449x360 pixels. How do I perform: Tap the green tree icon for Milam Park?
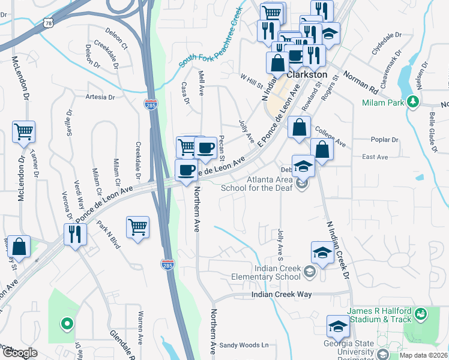pos(412,101)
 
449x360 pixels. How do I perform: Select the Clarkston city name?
pos(307,75)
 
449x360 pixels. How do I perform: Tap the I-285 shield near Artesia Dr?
pos(151,105)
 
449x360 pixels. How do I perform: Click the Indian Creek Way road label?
pos(282,295)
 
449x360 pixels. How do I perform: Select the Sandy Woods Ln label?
pos(244,345)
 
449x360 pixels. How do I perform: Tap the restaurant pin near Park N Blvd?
pos(76,234)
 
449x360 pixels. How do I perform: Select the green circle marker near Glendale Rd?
pos(67,325)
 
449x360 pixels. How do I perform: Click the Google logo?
pos(20,353)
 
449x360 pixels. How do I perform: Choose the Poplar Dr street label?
pos(385,140)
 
